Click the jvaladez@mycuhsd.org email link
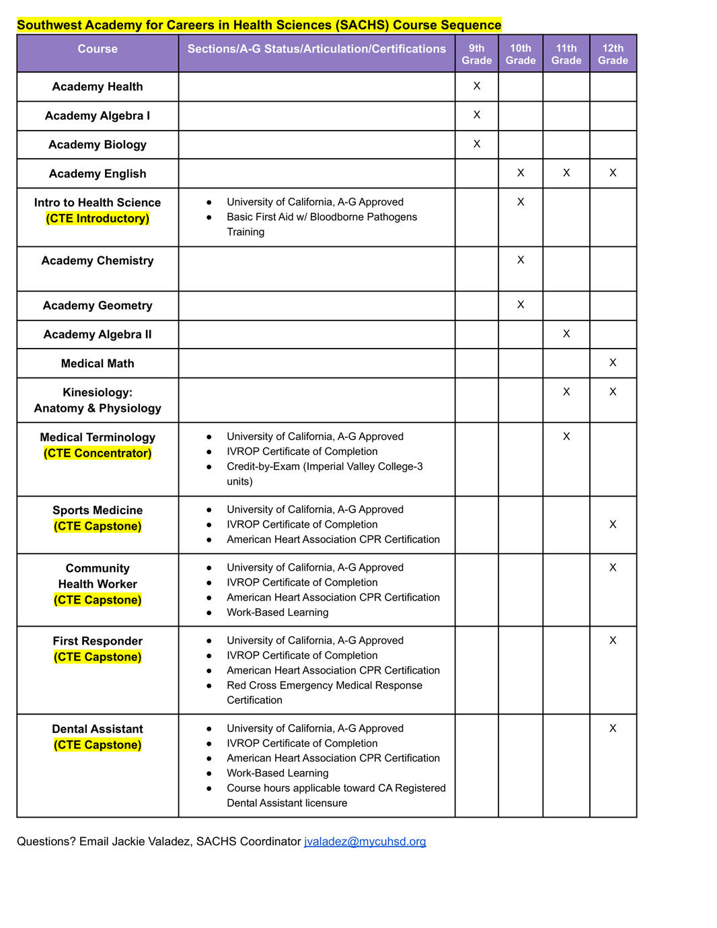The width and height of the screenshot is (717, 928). pyautogui.click(x=365, y=841)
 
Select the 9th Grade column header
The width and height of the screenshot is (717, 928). pyautogui.click(x=476, y=54)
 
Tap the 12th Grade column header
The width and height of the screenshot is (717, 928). pyautogui.click(x=613, y=54)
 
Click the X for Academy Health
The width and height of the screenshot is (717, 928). pyautogui.click(x=477, y=86)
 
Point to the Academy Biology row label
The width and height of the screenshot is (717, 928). pyautogui.click(x=98, y=145)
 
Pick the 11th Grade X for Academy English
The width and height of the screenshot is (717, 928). pyautogui.click(x=566, y=173)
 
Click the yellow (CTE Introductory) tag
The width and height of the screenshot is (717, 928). pyautogui.click(x=98, y=219)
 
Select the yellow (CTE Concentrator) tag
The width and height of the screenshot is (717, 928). pyautogui.click(x=98, y=454)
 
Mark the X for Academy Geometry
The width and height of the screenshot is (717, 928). pyautogui.click(x=521, y=305)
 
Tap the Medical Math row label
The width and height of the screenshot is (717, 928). pyautogui.click(x=98, y=363)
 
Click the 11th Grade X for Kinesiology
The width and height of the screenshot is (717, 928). pyautogui.click(x=566, y=392)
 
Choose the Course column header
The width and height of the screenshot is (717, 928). pyautogui.click(x=98, y=49)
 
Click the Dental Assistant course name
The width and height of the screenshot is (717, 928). pyautogui.click(x=98, y=729)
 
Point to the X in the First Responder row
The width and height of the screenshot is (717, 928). pyautogui.click(x=613, y=641)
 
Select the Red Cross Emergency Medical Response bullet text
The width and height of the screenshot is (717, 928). pyautogui.click(x=324, y=685)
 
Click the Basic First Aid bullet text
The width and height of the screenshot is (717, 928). pyautogui.click(x=322, y=217)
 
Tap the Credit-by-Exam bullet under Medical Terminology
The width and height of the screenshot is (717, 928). pyautogui.click(x=324, y=466)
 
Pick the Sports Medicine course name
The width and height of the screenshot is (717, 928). pyautogui.click(x=98, y=510)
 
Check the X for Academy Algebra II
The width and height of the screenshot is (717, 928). pyautogui.click(x=566, y=334)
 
